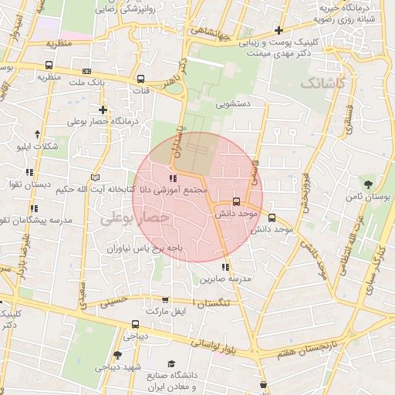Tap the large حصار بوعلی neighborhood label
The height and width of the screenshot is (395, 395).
pos(135,219)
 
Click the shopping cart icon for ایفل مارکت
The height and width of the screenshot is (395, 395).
pos(164,300)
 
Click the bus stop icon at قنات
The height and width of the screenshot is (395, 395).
pos(140,79)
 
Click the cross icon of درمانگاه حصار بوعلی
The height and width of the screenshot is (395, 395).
pos(102,110)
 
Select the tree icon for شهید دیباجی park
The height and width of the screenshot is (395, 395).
pos(117,355)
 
